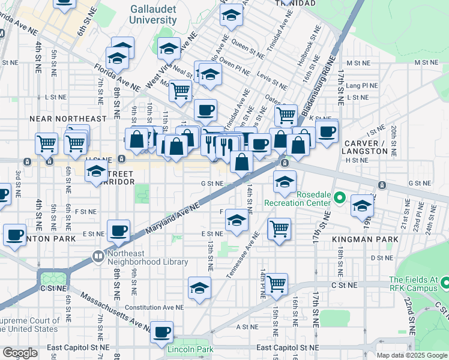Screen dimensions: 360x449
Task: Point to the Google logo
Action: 20,353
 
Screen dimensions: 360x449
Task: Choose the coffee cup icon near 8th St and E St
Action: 118,231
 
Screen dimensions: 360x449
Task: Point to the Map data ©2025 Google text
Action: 411,355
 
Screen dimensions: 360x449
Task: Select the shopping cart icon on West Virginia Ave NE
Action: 180,92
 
